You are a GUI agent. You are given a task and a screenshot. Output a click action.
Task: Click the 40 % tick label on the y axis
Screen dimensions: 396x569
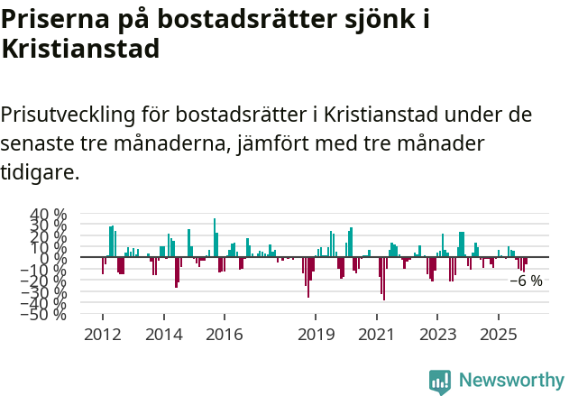pyautogui.click(x=50, y=215)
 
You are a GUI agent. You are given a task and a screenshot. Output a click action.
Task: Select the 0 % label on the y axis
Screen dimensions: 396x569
pyautogui.click(x=53, y=258)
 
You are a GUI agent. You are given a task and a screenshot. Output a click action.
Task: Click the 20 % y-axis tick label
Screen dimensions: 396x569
pyautogui.click(x=50, y=236)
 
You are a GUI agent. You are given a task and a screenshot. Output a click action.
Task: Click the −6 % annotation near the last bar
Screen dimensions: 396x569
pyautogui.click(x=526, y=281)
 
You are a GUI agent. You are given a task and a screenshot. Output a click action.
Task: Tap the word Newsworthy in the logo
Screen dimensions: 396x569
pyautogui.click(x=510, y=380)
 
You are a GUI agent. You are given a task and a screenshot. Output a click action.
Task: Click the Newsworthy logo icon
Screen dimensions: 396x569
pyautogui.click(x=440, y=381)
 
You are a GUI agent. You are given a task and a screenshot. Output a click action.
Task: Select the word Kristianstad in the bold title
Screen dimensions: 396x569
pyautogui.click(x=80, y=49)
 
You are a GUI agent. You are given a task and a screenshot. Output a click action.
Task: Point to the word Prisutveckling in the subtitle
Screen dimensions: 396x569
pyautogui.click(x=69, y=115)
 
